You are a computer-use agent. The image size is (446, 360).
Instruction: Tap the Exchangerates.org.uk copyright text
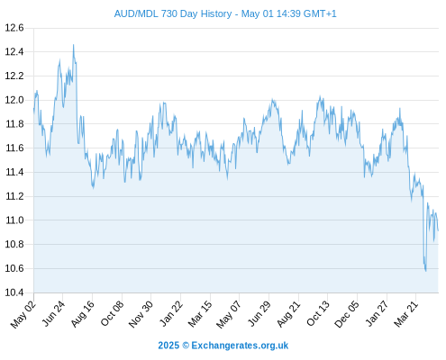click(x=223, y=346)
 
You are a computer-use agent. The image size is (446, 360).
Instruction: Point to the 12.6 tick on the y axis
click(x=14, y=28)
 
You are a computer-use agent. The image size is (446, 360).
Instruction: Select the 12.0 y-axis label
click(x=14, y=100)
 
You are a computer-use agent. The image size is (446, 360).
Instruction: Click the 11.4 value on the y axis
click(x=14, y=172)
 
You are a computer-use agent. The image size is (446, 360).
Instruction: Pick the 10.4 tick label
click(x=14, y=292)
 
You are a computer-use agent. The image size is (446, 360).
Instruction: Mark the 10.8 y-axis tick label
click(x=14, y=244)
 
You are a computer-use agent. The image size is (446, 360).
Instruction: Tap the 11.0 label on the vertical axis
click(x=14, y=220)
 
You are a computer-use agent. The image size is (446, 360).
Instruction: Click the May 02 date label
click(x=23, y=314)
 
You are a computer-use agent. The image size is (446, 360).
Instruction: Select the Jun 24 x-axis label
click(x=53, y=314)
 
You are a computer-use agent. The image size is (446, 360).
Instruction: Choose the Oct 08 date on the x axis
click(x=112, y=314)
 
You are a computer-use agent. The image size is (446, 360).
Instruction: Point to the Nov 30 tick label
click(x=141, y=314)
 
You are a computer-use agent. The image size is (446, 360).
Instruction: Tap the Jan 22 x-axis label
click(x=171, y=314)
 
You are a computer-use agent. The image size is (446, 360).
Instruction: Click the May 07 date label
click(x=229, y=314)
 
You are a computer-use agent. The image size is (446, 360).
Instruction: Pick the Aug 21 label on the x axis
click(x=288, y=314)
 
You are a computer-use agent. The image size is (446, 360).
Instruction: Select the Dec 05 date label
click(x=347, y=314)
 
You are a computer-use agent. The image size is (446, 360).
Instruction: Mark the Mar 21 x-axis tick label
click(x=406, y=314)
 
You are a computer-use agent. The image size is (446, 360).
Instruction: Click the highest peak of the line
click(x=73, y=45)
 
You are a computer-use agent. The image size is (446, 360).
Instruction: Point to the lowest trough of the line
click(x=425, y=271)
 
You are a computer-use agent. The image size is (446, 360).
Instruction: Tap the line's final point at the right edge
click(x=438, y=230)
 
